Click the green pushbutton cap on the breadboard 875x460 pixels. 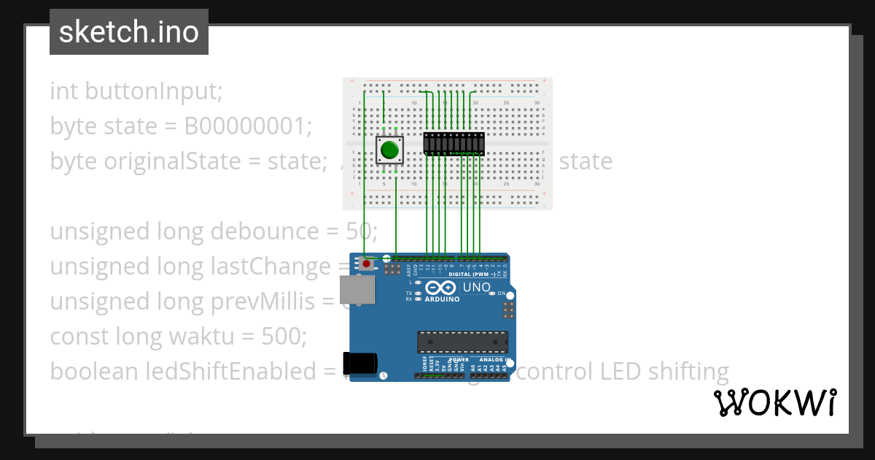389,150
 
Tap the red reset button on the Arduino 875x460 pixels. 366,263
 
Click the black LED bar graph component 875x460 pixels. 454,144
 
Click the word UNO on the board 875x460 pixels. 477,288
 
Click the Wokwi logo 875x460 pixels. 774,402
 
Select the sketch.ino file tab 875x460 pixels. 129,32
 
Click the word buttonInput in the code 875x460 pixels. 153,91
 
